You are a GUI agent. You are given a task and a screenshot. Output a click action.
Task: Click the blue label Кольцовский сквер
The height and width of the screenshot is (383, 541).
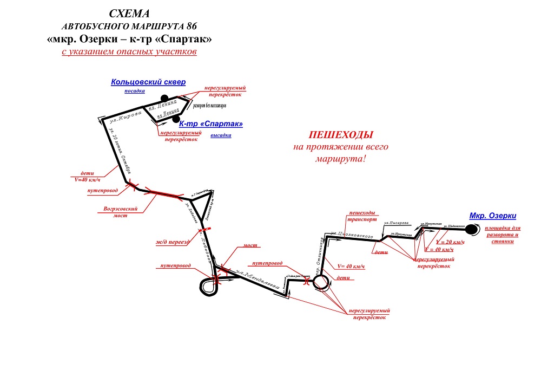click(148, 82)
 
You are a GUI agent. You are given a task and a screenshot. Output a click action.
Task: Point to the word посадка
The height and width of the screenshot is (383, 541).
click(135, 92)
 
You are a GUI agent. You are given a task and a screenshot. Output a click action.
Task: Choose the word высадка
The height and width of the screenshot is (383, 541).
click(221, 135)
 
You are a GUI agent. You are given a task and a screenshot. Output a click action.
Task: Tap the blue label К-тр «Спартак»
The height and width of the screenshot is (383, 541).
click(210, 124)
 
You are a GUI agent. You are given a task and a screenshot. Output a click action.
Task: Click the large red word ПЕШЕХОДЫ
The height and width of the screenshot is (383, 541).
click(341, 134)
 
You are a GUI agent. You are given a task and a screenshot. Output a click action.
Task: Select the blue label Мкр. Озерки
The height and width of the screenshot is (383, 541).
click(492, 216)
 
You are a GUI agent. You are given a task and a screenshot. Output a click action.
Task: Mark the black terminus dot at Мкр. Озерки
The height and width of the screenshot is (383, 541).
click(472, 229)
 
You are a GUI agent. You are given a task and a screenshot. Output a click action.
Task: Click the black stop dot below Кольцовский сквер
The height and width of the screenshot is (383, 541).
click(157, 98)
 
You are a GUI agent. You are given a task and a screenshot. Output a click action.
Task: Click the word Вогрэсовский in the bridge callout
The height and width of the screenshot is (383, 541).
click(120, 209)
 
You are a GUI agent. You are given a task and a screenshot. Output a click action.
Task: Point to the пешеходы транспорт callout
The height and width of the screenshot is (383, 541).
click(362, 217)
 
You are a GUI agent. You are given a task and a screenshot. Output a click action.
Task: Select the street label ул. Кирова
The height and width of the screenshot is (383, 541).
click(128, 115)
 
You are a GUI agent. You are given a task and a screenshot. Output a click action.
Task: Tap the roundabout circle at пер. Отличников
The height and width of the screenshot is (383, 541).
click(319, 281)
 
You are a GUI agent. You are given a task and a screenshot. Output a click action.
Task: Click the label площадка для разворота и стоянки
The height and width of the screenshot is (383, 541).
click(502, 235)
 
